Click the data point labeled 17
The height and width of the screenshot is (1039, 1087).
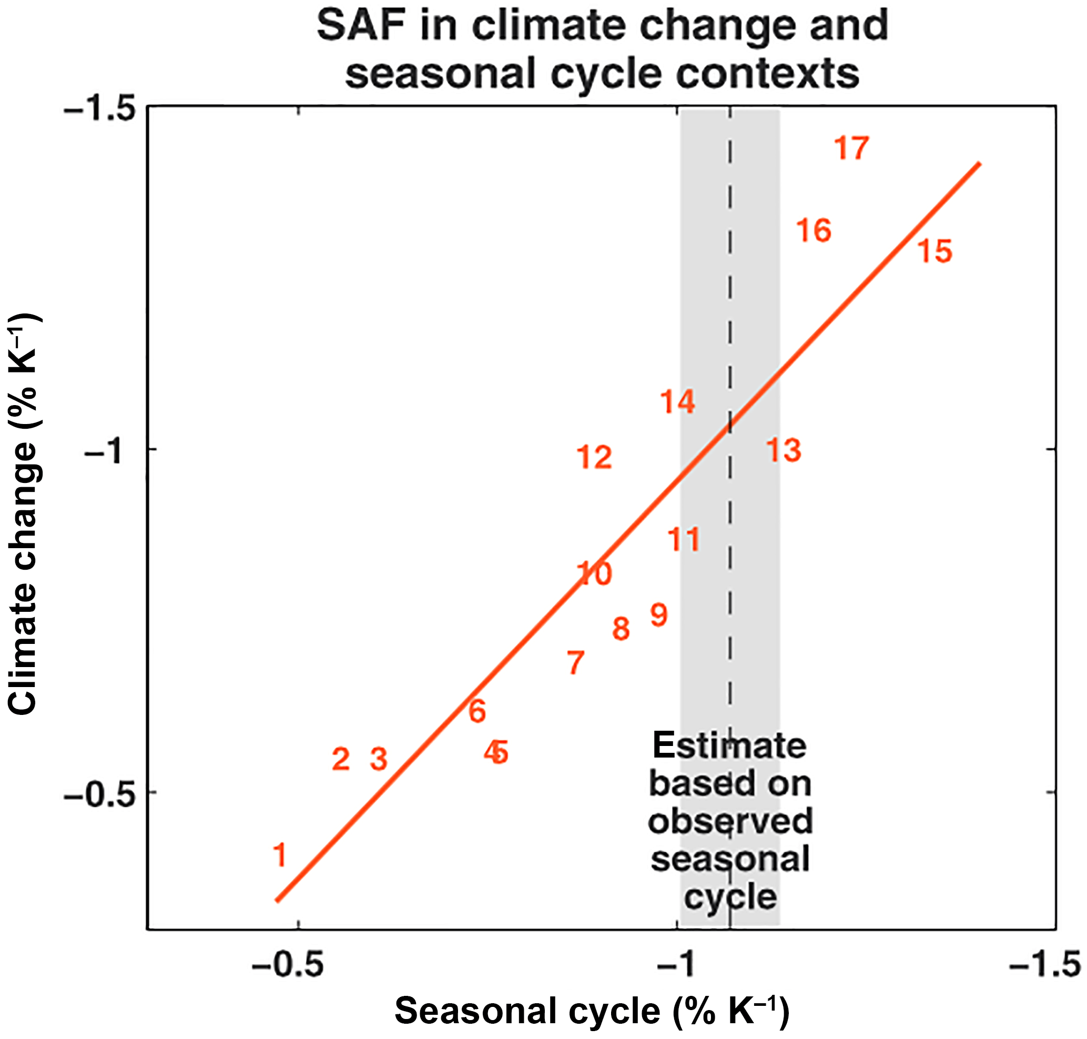point(851,148)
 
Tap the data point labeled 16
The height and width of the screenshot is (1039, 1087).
point(814,230)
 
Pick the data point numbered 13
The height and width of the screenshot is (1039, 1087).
point(783,450)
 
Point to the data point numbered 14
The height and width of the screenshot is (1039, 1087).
point(677,401)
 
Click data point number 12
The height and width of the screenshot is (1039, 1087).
point(594,458)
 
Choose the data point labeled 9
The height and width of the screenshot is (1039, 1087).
point(658,615)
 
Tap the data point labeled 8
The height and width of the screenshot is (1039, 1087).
point(621,629)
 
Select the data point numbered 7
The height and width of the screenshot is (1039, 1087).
point(575,662)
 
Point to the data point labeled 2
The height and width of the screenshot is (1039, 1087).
point(341,759)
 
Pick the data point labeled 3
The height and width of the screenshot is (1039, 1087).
point(378,759)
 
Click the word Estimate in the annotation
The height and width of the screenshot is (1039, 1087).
point(729,745)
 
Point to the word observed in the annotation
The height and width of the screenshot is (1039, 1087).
point(730,821)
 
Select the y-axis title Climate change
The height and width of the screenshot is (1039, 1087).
point(24,515)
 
